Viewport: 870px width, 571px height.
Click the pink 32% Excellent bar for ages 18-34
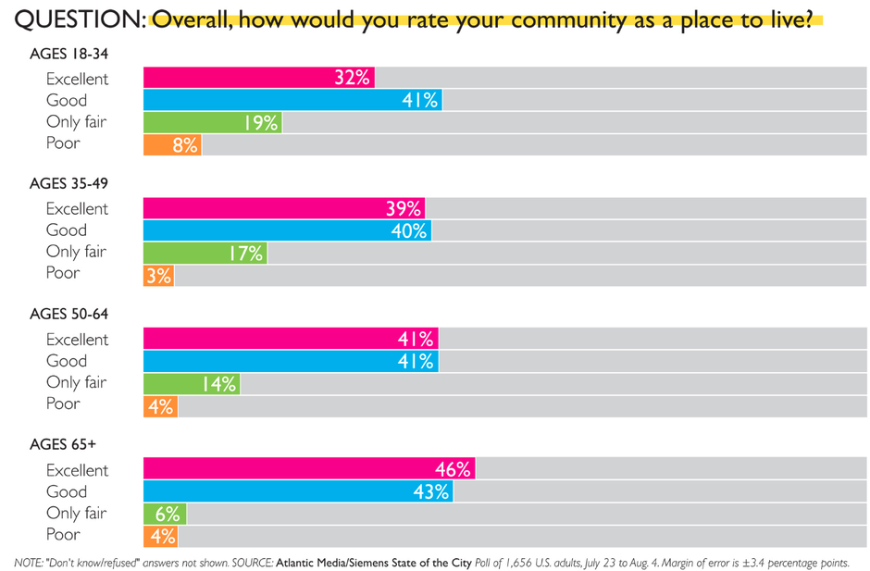click(x=259, y=78)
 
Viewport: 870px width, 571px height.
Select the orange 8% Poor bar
click(x=172, y=144)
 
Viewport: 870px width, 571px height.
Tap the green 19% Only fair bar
click(x=213, y=123)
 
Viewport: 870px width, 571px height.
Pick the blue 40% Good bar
click(x=288, y=230)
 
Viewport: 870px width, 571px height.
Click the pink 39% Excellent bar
click(x=284, y=208)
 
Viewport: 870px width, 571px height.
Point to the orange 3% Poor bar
click(x=158, y=275)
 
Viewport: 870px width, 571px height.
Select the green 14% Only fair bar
click(x=192, y=383)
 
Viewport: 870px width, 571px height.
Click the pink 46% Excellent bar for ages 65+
click(x=310, y=468)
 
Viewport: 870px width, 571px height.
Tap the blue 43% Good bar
click(x=299, y=491)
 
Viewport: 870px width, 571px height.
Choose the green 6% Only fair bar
click(x=165, y=514)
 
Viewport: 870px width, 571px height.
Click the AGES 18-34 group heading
click(x=68, y=54)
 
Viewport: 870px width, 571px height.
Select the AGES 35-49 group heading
click(x=68, y=183)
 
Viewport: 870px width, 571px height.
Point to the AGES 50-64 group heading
click(x=68, y=314)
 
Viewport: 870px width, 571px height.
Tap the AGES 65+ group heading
click(x=63, y=444)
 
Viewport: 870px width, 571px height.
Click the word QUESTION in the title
click(x=80, y=20)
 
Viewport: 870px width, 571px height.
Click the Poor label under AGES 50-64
click(x=63, y=403)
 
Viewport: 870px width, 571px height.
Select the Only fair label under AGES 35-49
click(x=76, y=252)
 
